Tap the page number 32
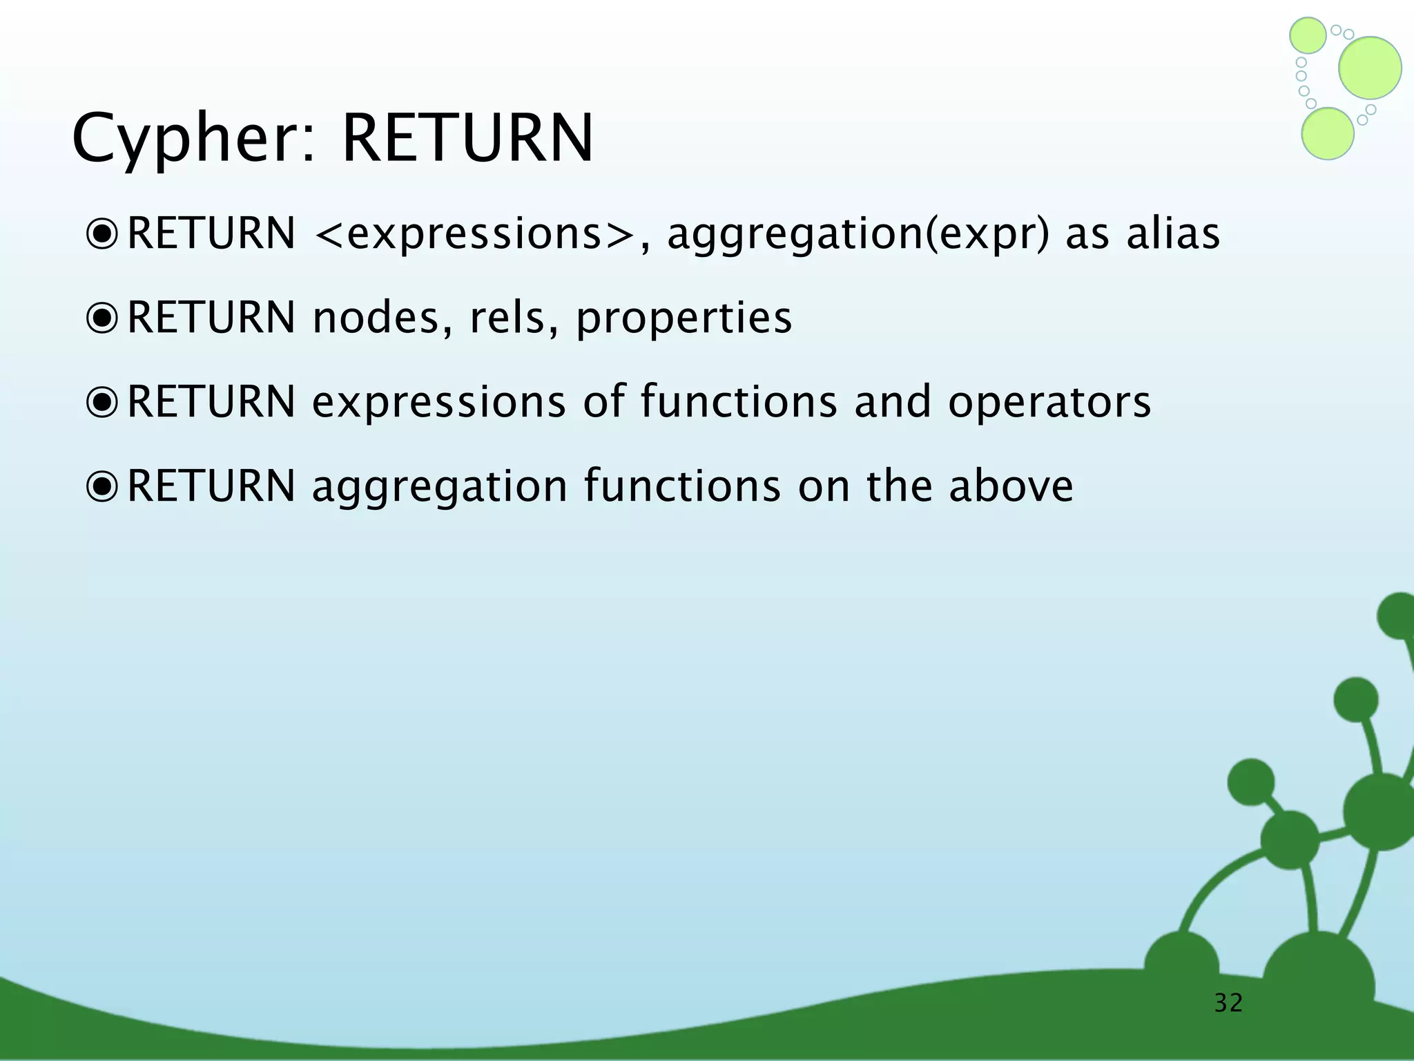coord(1228,1002)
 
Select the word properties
coord(684,319)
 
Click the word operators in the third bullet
coord(1049,402)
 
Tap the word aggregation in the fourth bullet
coord(440,488)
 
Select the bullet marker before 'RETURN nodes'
coord(103,318)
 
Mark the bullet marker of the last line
coord(103,486)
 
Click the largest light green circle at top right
coord(1370,68)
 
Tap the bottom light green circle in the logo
coord(1327,134)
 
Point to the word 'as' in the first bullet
coord(1087,235)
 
